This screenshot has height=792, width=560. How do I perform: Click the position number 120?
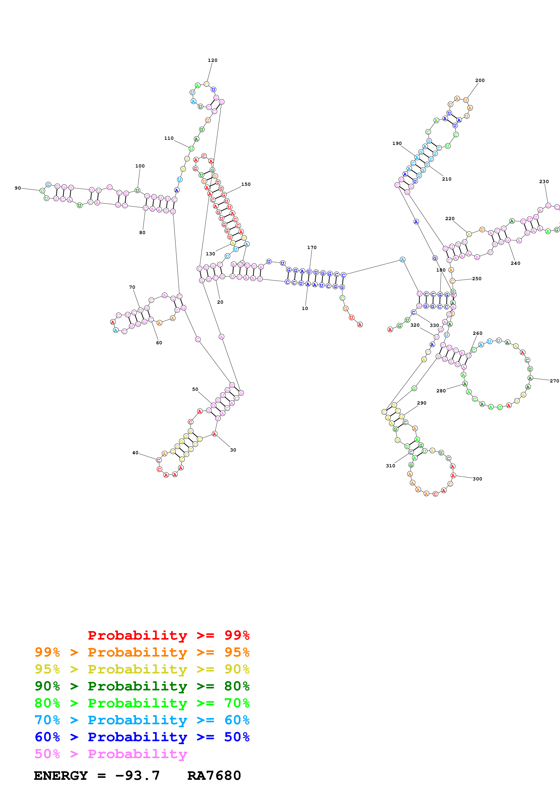pyautogui.click(x=213, y=60)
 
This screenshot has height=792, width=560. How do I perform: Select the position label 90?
pyautogui.click(x=18, y=188)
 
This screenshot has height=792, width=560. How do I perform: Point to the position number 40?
pyautogui.click(x=135, y=453)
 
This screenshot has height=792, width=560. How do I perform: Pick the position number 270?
pyautogui.click(x=554, y=381)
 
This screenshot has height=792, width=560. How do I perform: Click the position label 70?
pyautogui.click(x=132, y=287)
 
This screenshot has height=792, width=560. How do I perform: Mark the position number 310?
pyautogui.click(x=390, y=466)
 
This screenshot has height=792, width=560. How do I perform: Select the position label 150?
pyautogui.click(x=246, y=184)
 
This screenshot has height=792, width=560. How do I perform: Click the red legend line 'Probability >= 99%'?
pyautogui.click(x=168, y=635)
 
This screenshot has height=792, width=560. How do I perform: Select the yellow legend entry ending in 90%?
pyautogui.click(x=142, y=669)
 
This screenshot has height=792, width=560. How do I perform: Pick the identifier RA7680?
pyautogui.click(x=214, y=776)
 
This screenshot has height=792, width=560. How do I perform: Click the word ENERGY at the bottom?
pyautogui.click(x=61, y=776)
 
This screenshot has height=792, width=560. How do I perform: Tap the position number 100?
pyautogui.click(x=140, y=166)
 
